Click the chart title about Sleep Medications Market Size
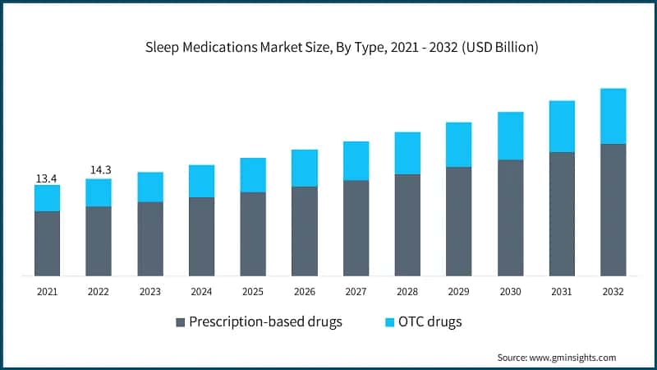[x=328, y=48]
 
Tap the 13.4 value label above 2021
[x=47, y=178]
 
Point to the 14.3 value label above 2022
[x=99, y=170]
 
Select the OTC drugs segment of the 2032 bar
[x=613, y=116]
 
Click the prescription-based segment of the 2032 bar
[x=613, y=210]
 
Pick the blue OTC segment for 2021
[x=47, y=198]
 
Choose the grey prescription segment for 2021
[x=47, y=243]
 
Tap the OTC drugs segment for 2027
[x=356, y=160]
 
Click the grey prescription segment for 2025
[x=253, y=234]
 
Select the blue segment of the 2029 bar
[x=458, y=145]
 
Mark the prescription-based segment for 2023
[x=150, y=238]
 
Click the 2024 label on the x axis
[x=201, y=292]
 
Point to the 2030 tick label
[x=510, y=292]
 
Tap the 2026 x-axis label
[x=304, y=292]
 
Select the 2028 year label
[x=407, y=292]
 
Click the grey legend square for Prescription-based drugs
[x=181, y=322]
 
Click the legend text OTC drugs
[x=431, y=321]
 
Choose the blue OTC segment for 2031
[x=562, y=127]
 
